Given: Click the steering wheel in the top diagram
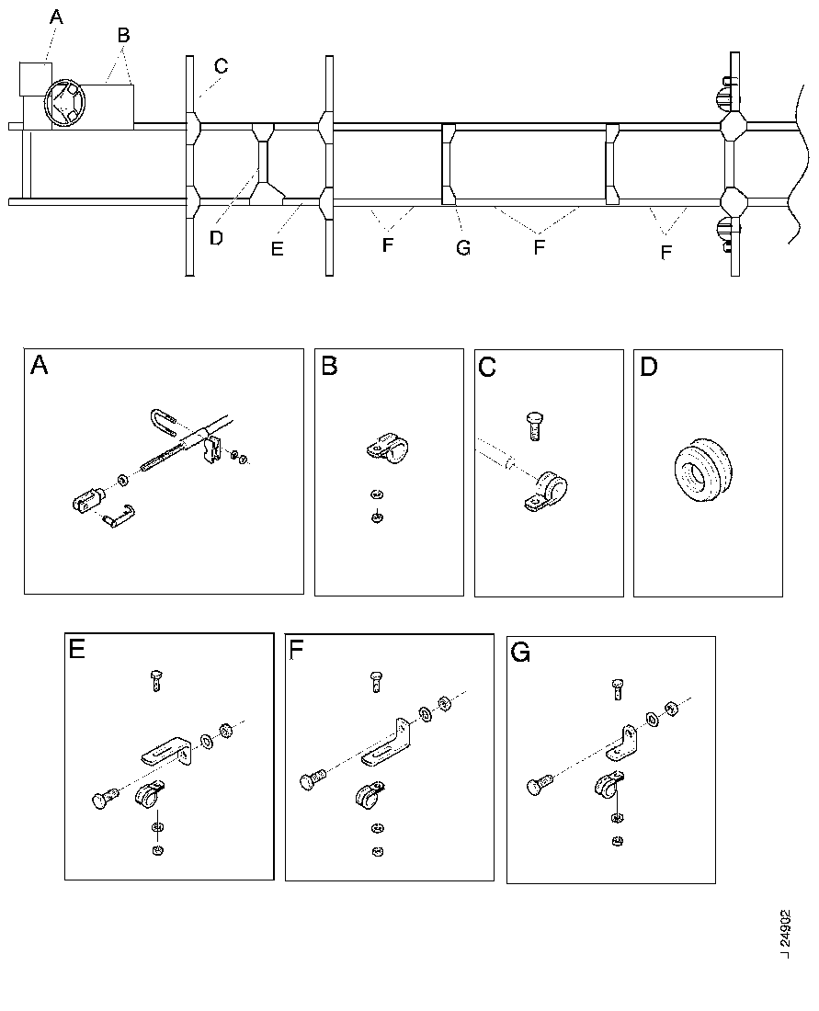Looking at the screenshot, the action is pos(64,102).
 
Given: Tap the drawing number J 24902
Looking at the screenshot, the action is pos(785,933).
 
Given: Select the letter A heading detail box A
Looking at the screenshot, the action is pos(40,366).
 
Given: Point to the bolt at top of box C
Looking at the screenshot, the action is pos(535,426).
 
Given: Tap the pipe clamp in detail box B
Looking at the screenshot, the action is pos(388,449).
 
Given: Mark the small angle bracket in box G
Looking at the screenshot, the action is pos(621,744).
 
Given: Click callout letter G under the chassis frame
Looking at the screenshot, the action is pos(463,247).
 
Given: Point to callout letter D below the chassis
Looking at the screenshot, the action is pos(217,237).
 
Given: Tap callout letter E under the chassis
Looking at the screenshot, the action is pos(278,248).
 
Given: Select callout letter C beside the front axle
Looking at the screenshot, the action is pos(221,66).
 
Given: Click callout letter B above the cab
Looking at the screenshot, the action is pos(124,36).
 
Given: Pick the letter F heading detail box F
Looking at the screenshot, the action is pos(296,650).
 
